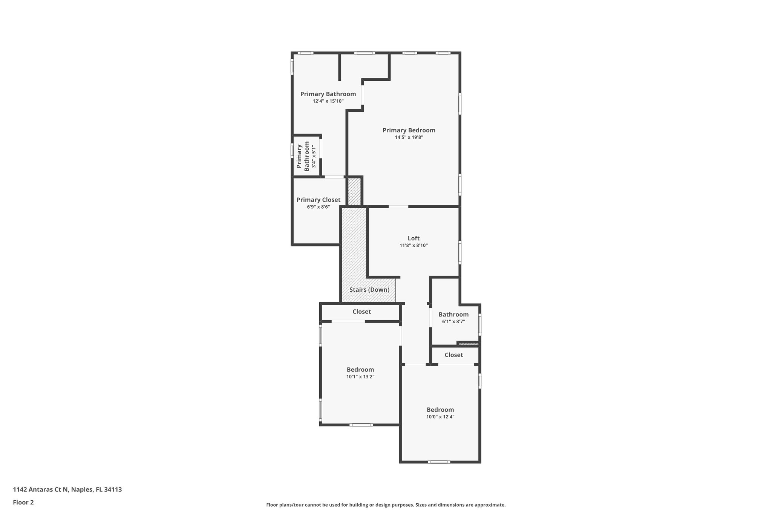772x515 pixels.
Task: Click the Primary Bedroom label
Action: pos(409,130)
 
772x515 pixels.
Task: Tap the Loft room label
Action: pos(414,238)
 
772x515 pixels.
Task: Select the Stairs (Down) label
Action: pos(369,290)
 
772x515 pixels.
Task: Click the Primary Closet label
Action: pos(318,200)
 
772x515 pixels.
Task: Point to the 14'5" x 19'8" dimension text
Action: pos(409,137)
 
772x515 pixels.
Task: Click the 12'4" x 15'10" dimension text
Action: pos(328,101)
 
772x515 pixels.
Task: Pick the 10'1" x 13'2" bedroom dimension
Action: pos(360,377)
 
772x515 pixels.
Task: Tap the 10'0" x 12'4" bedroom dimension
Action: pos(440,417)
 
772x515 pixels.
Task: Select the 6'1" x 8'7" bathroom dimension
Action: pos(453,322)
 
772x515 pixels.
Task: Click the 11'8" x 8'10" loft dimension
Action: pos(414,245)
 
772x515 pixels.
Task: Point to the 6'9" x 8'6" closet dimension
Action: pos(318,207)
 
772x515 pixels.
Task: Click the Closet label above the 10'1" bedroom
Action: pos(361,312)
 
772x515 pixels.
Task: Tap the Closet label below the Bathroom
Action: pos(453,355)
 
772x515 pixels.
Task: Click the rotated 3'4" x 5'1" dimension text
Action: pos(314,156)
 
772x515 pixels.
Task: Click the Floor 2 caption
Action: pos(23,502)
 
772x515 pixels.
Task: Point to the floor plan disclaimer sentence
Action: pos(386,505)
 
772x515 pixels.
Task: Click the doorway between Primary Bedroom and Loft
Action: pos(398,207)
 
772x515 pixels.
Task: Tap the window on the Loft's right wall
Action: pos(460,252)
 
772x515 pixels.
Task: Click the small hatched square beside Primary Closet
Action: pos(354,192)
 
